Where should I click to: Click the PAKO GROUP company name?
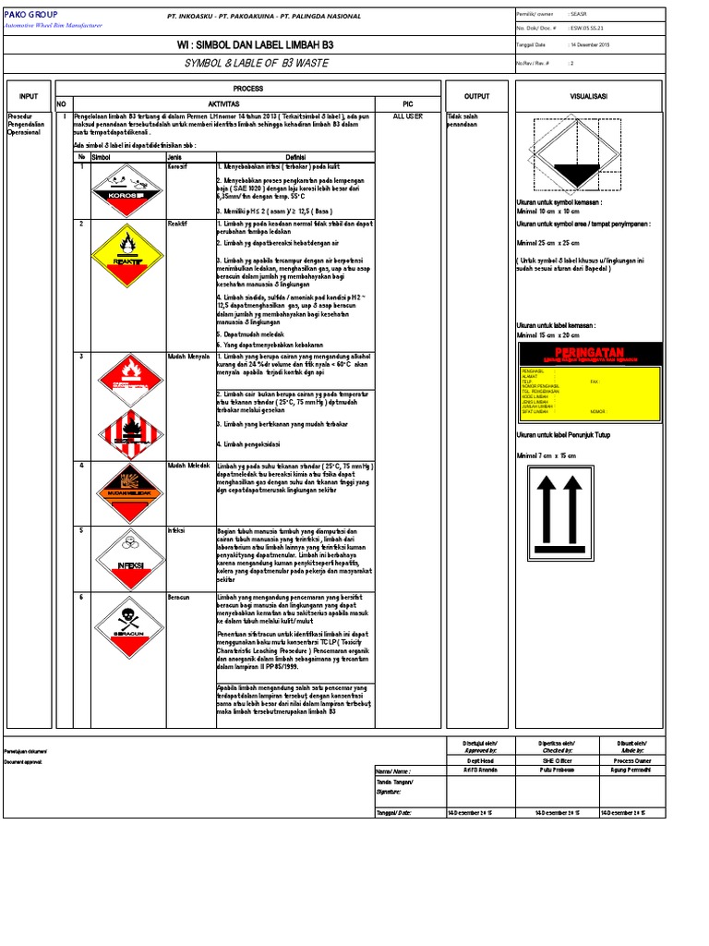(x=31, y=15)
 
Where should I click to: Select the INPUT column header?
(x=29, y=96)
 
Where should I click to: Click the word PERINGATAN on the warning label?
(x=588, y=352)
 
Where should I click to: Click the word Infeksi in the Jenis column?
(x=175, y=531)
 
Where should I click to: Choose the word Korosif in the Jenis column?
(x=176, y=167)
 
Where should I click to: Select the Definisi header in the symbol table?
(x=295, y=157)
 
